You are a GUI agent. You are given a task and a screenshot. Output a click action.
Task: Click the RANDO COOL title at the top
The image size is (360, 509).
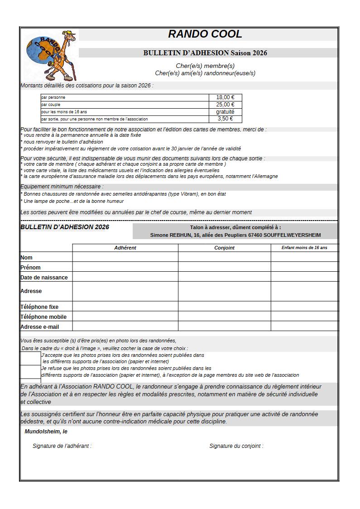click(205, 34)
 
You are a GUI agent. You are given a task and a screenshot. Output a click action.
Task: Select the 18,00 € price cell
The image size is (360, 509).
click(225, 97)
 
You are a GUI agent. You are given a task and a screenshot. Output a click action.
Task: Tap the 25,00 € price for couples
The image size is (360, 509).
click(225, 105)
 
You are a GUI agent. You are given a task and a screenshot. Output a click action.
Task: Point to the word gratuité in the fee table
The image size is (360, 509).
click(225, 112)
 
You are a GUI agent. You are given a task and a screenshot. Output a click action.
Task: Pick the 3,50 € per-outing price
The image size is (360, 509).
click(225, 119)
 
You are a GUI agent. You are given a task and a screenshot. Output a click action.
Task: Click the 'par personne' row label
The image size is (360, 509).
click(53, 97)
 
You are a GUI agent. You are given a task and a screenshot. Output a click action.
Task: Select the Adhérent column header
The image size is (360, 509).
click(125, 248)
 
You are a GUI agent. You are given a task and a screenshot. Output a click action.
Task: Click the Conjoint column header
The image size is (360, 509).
click(224, 248)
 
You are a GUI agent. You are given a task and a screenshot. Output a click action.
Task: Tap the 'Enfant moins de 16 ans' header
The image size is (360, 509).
click(304, 248)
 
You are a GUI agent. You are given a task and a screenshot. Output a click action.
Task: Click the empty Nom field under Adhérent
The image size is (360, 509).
click(125, 257)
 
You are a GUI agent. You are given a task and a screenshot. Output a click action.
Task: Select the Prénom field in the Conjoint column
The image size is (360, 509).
click(224, 267)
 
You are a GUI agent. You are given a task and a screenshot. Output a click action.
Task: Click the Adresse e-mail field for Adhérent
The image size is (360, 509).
click(125, 327)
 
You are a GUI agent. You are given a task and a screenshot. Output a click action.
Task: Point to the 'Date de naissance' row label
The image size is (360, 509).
click(44, 277)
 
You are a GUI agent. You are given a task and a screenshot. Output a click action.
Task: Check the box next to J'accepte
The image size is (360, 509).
click(30, 359)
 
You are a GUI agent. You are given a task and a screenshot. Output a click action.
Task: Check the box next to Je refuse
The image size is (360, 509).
click(30, 372)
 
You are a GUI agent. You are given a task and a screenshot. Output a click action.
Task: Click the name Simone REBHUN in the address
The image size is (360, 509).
click(170, 235)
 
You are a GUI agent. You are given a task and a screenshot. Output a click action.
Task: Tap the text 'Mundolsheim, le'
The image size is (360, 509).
click(46, 432)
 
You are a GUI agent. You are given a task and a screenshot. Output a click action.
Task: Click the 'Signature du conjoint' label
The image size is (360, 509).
click(236, 446)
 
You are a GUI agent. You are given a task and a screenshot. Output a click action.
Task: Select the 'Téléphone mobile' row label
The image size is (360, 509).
click(43, 317)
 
